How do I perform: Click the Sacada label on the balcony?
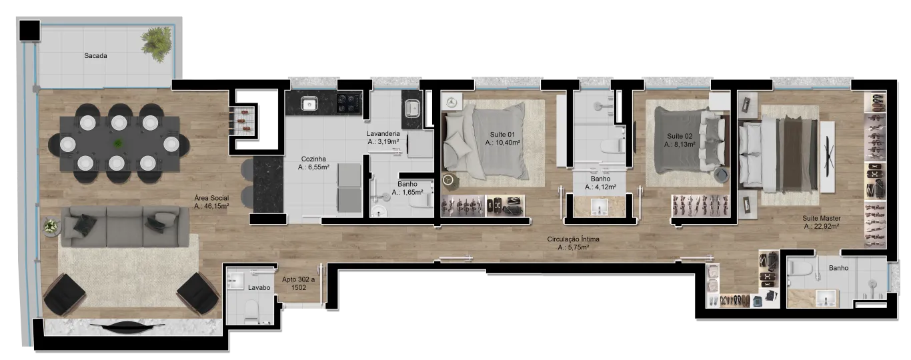95,55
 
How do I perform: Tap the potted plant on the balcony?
157,44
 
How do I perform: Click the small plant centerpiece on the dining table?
118,143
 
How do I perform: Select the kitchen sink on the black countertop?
309,105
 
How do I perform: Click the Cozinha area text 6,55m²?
313,167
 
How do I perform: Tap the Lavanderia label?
383,133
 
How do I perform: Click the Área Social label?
211,198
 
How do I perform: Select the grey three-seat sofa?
125,226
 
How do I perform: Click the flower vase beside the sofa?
51,226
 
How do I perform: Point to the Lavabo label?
259,288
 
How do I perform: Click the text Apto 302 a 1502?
299,283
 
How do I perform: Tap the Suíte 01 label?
503,135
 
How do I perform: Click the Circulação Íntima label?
573,239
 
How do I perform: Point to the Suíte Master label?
822,218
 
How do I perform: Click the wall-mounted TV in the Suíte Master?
828,157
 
